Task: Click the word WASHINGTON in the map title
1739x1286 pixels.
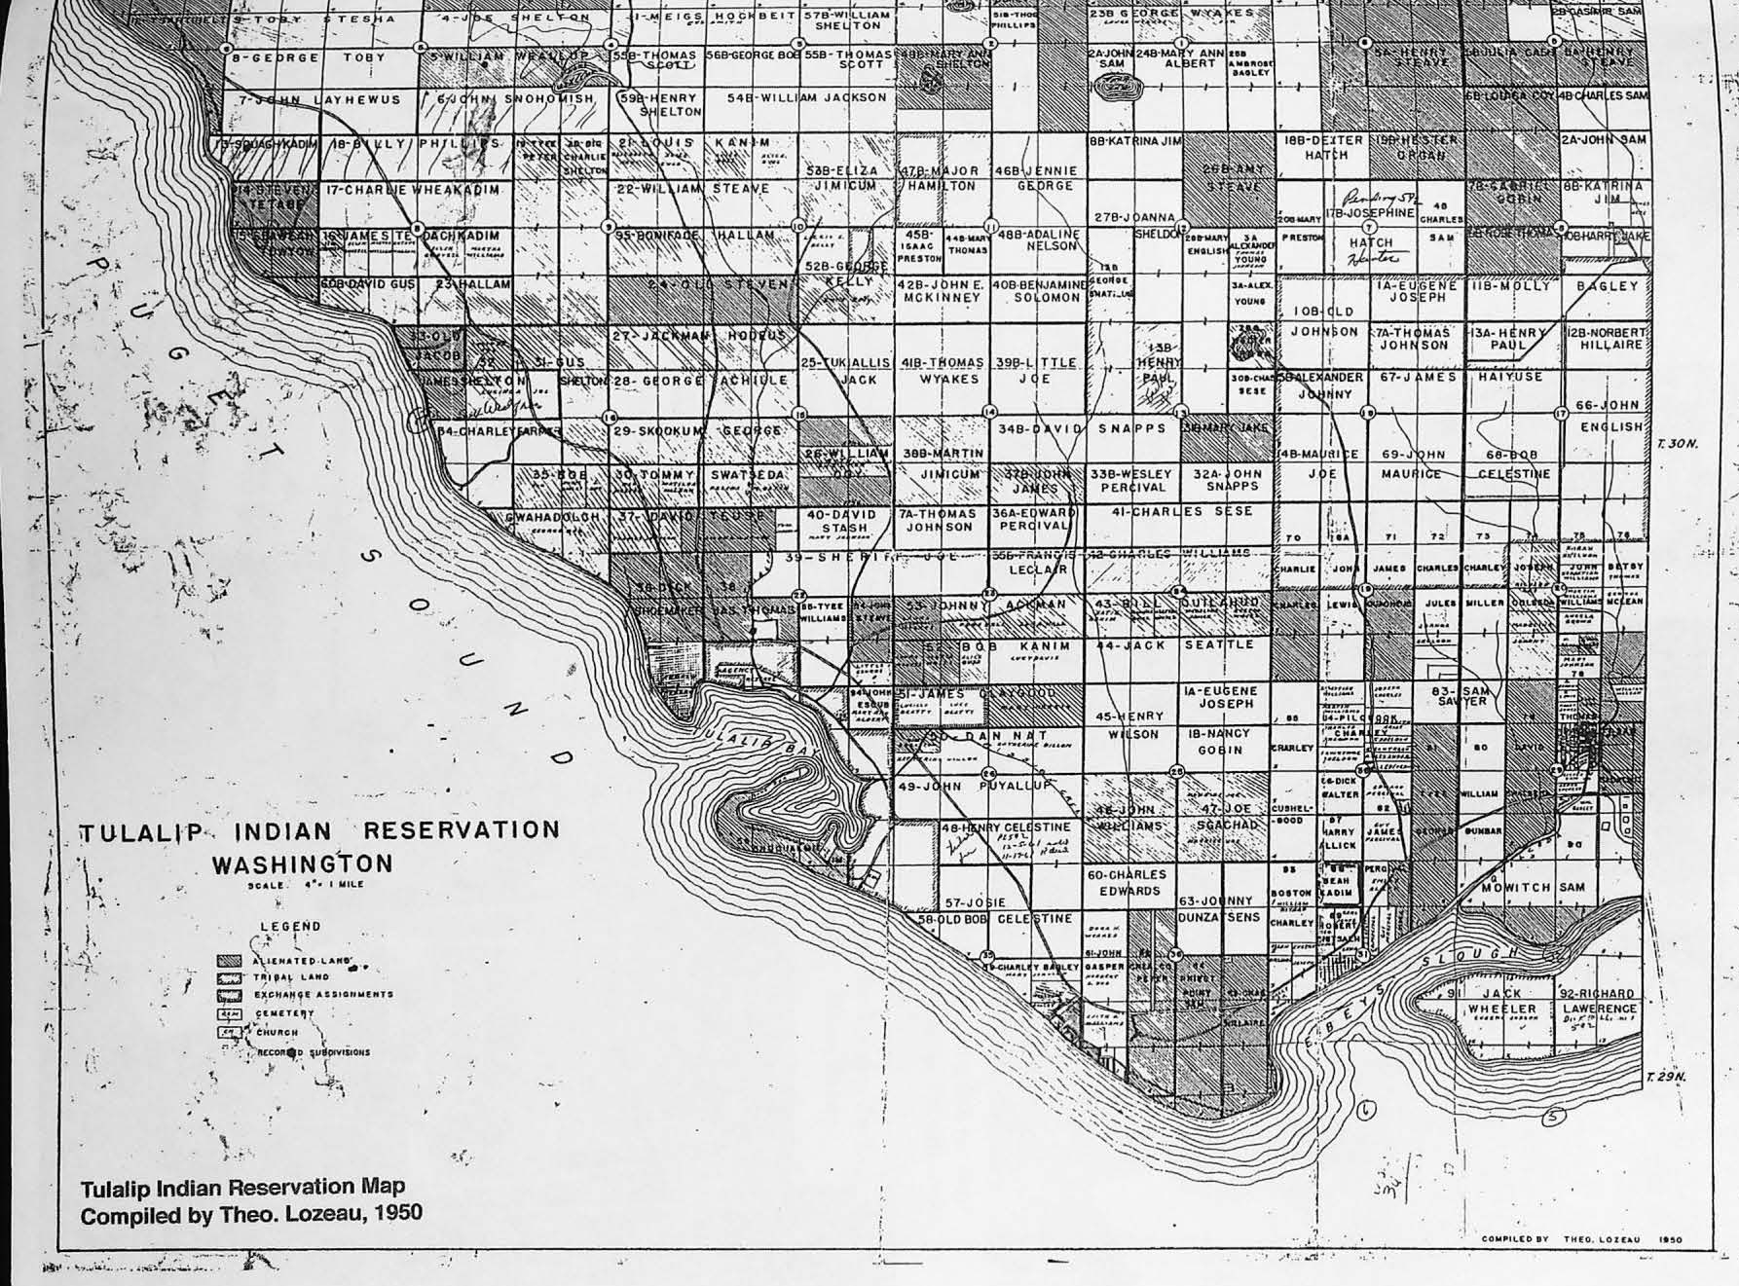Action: (x=302, y=864)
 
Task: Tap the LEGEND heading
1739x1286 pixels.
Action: (x=289, y=926)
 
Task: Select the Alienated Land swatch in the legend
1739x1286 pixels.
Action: (x=229, y=961)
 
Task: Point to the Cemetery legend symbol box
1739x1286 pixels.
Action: (x=229, y=1013)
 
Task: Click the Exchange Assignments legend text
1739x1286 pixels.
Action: (x=323, y=995)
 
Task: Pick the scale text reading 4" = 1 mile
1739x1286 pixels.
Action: (x=306, y=885)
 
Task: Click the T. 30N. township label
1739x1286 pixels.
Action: (x=1676, y=444)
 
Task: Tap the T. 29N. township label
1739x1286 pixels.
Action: (x=1664, y=1077)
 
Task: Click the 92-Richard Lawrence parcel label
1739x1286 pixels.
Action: (x=1599, y=1001)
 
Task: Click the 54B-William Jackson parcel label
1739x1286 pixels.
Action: (x=806, y=97)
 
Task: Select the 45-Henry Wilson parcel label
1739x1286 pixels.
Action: (x=1129, y=725)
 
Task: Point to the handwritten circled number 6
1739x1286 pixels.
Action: (x=1368, y=1109)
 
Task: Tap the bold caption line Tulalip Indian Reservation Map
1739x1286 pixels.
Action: (x=242, y=1188)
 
